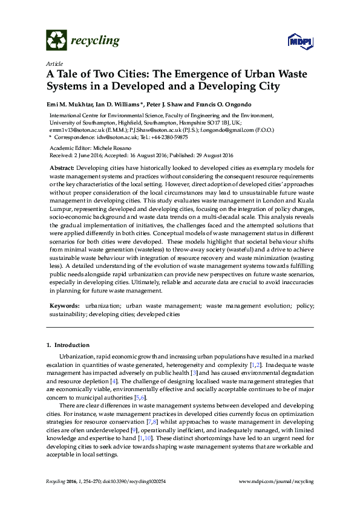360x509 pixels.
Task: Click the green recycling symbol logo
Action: pos(57,41)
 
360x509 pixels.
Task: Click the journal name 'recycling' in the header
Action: pos(95,41)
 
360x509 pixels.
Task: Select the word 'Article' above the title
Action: pos(54,63)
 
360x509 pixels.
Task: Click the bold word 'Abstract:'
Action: pos(62,166)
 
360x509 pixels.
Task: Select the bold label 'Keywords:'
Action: pos(64,307)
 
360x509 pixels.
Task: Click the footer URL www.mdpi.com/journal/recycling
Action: pos(277,481)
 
